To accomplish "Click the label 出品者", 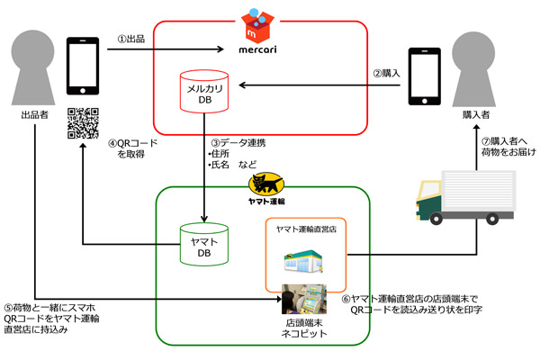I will [x=35, y=115].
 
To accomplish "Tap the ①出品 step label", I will [x=134, y=39].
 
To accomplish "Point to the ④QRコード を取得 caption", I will [x=133, y=148].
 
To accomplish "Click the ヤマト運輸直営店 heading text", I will [x=307, y=230].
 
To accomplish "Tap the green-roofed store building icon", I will [x=305, y=262].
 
